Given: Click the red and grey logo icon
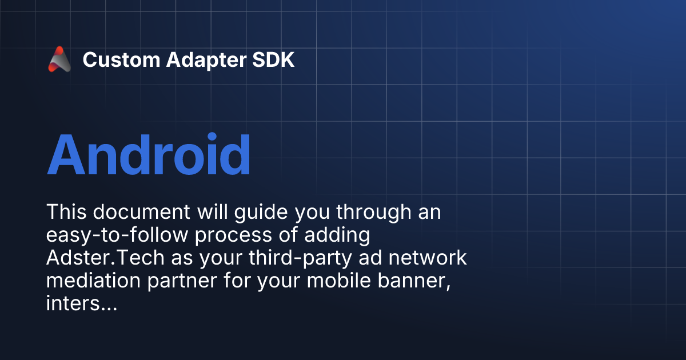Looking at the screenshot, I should tap(59, 59).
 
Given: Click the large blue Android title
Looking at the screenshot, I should tap(149, 154).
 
